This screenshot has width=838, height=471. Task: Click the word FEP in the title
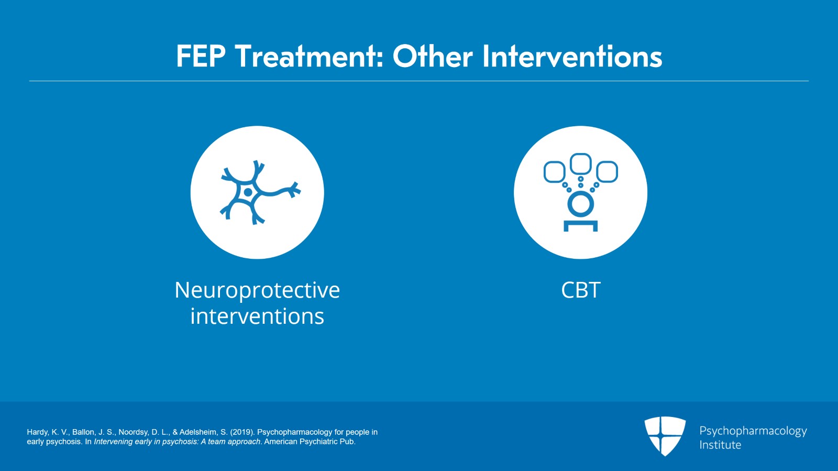click(201, 57)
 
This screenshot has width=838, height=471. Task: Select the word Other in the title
click(433, 57)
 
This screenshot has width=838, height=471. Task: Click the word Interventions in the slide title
click(571, 57)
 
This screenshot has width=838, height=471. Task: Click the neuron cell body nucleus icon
click(249, 193)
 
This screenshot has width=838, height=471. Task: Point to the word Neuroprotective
click(257, 290)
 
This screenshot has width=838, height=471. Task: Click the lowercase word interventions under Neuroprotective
click(257, 316)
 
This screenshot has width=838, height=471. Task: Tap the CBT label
click(580, 290)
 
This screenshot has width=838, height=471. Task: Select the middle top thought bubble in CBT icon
click(580, 163)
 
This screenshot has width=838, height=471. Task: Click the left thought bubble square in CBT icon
click(554, 172)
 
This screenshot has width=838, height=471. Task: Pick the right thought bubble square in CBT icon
click(607, 172)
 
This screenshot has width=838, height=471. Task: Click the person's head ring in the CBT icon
click(580, 204)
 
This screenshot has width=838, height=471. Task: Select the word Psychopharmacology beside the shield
click(753, 431)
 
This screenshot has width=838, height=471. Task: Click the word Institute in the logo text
click(720, 445)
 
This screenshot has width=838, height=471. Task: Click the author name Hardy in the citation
click(37, 432)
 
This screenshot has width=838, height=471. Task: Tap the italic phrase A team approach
click(230, 442)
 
